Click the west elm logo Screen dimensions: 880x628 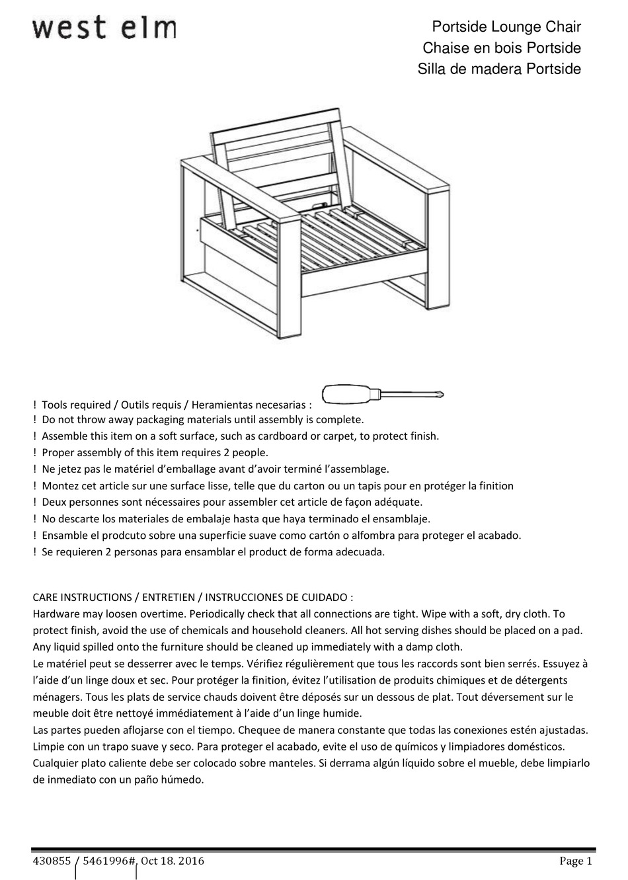104,28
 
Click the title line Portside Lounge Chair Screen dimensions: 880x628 506,28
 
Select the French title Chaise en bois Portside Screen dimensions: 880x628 501,48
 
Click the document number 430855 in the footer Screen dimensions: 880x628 51,861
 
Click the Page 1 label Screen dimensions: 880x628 575,861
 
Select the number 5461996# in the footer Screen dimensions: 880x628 110,861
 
